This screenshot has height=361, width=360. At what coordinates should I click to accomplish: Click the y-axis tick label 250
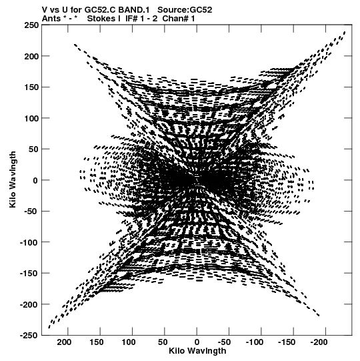31,25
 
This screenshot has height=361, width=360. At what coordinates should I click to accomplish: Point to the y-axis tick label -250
29,336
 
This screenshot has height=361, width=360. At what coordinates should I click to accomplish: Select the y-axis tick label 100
31,118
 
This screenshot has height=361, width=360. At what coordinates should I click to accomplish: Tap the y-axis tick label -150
29,274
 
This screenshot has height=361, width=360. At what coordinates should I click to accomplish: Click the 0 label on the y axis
35,180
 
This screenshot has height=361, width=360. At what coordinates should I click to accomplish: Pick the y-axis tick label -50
31,211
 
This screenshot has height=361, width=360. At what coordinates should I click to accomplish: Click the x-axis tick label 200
64,342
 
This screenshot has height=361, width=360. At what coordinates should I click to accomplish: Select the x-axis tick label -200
319,342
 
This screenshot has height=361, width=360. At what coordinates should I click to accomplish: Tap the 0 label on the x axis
197,342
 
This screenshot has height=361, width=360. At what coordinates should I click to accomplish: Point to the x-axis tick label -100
255,342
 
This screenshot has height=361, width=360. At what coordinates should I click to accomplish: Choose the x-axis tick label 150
97,342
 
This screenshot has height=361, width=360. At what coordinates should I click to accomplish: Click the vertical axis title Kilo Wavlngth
13,179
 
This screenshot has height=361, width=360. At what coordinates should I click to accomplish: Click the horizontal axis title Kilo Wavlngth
197,351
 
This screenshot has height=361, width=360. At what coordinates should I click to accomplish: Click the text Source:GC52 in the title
185,10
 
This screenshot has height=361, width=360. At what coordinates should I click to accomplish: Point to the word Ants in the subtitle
51,19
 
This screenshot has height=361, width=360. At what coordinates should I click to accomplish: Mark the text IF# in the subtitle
131,19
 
